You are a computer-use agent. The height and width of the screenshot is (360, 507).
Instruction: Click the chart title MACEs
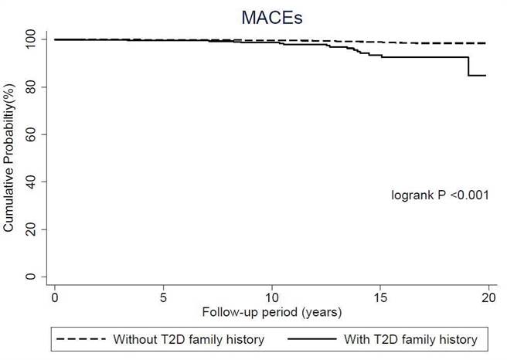click(x=271, y=13)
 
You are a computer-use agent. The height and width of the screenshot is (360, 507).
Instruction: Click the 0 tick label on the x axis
click(x=54, y=297)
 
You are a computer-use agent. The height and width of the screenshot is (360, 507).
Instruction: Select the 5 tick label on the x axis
click(x=163, y=297)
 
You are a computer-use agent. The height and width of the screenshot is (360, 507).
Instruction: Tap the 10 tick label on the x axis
click(x=271, y=297)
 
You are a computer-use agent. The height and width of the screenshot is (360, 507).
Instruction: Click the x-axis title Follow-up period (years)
click(x=271, y=313)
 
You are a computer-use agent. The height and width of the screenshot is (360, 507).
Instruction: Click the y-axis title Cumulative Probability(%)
click(x=10, y=158)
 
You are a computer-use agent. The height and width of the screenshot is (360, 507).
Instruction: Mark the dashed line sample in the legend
click(x=82, y=339)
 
